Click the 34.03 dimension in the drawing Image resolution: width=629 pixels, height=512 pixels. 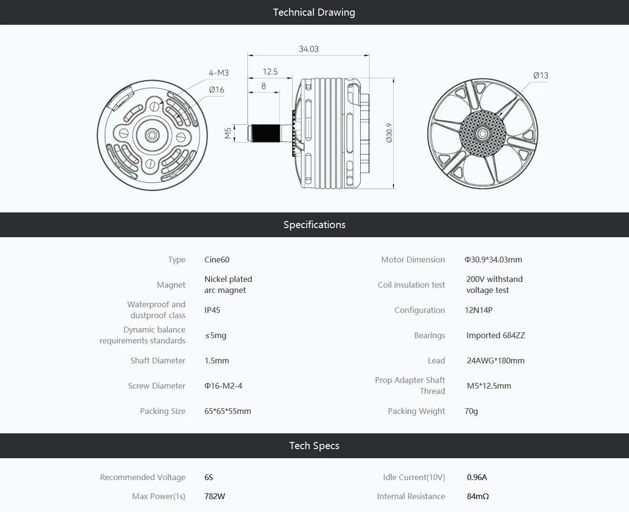[308, 49]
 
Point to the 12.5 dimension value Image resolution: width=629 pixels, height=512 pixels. [270, 71]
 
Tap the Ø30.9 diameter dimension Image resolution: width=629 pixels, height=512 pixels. [389, 133]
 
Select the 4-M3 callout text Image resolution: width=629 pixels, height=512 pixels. [219, 73]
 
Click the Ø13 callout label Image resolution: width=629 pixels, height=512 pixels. [540, 75]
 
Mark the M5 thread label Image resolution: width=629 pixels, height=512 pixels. [228, 133]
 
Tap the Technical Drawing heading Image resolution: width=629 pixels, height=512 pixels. [314, 12]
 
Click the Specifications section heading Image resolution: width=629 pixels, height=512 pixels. [314, 225]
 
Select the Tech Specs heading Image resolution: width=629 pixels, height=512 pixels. [314, 446]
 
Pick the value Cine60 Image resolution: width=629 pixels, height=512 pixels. [217, 260]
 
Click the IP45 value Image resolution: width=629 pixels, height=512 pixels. [212, 310]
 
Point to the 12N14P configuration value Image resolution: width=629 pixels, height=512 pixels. [478, 310]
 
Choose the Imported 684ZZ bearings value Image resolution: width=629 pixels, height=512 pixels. [496, 335]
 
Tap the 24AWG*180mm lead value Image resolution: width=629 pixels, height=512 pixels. [496, 361]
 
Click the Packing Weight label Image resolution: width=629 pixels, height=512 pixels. [416, 411]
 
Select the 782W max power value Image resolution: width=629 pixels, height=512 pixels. [214, 496]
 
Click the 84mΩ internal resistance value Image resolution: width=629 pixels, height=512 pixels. [478, 496]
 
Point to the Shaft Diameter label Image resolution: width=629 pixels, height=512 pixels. [158, 361]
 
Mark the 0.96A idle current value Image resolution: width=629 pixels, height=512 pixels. [477, 477]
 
